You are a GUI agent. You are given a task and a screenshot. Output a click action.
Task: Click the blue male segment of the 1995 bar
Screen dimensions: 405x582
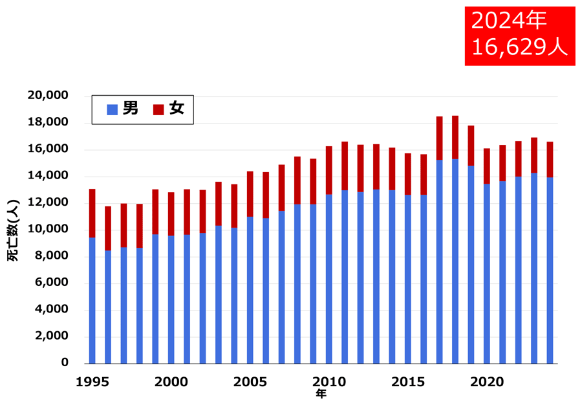tap(92, 301)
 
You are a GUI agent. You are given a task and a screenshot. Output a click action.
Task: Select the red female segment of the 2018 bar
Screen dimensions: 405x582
tap(455, 137)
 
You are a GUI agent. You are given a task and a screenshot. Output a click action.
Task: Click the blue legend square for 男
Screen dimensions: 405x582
tap(112, 110)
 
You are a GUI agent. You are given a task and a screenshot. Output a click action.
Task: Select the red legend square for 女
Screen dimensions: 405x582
tap(158, 110)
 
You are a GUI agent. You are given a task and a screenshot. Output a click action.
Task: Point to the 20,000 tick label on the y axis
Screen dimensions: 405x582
tap(48, 96)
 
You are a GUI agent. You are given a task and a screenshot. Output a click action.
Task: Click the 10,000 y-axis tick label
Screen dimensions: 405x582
tap(48, 230)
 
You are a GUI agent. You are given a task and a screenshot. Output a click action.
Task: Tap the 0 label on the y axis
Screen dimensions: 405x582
tap(65, 363)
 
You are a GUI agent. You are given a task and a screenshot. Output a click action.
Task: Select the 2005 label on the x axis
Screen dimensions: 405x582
tap(250, 382)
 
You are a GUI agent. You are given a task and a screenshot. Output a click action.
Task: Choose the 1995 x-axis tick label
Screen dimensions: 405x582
tap(92, 382)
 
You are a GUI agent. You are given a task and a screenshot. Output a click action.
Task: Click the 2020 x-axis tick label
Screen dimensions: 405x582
tap(487, 382)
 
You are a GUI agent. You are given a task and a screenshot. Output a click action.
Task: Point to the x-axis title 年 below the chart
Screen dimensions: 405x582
tap(321, 393)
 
